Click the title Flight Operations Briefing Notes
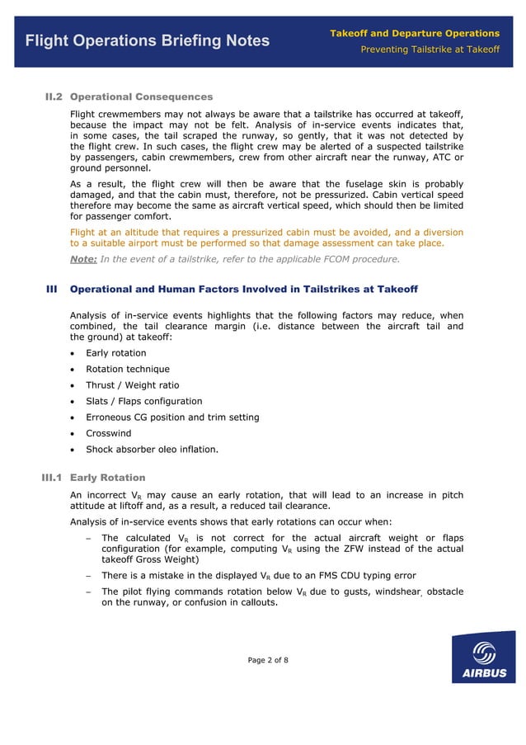pos(148,40)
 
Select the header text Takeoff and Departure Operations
pos(415,33)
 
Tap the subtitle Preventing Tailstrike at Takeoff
pos(430,50)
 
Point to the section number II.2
pos(54,97)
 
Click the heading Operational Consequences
pos(141,97)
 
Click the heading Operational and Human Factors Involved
pos(244,290)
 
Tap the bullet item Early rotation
pos(116,353)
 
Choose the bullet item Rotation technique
pos(128,369)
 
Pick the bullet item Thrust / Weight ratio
pos(132,385)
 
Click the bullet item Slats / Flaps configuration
pos(143,401)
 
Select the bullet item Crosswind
pos(109,433)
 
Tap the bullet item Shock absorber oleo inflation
pos(152,450)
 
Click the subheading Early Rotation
pos(107,478)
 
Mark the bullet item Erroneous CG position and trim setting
pos(172,417)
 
